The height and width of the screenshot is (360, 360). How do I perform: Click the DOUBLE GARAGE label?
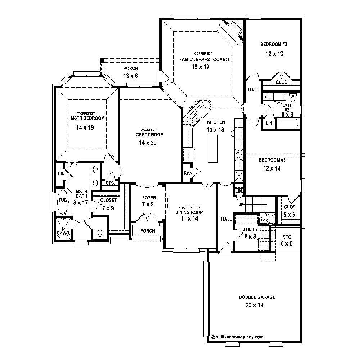[257, 297]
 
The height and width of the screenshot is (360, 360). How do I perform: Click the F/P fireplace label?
[233, 29]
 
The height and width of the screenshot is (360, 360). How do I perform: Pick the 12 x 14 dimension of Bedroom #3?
[272, 168]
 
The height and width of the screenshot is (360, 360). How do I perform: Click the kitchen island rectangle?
[213, 148]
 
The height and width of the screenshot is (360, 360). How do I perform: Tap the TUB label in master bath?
[63, 200]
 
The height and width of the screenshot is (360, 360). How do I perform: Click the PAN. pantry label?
[188, 173]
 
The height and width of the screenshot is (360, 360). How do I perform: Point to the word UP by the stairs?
[241, 204]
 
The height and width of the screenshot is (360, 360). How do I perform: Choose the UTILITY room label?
[250, 229]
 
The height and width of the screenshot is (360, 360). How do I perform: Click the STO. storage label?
[287, 237]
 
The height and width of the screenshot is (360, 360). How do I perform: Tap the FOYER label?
[149, 198]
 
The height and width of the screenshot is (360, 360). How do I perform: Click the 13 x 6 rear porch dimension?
[131, 76]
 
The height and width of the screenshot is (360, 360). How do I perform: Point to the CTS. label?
[110, 183]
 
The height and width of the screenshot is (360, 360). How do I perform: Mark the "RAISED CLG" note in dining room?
[189, 208]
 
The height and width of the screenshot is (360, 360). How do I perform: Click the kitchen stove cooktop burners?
[239, 155]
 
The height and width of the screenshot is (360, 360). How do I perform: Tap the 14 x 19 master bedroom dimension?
[85, 127]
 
